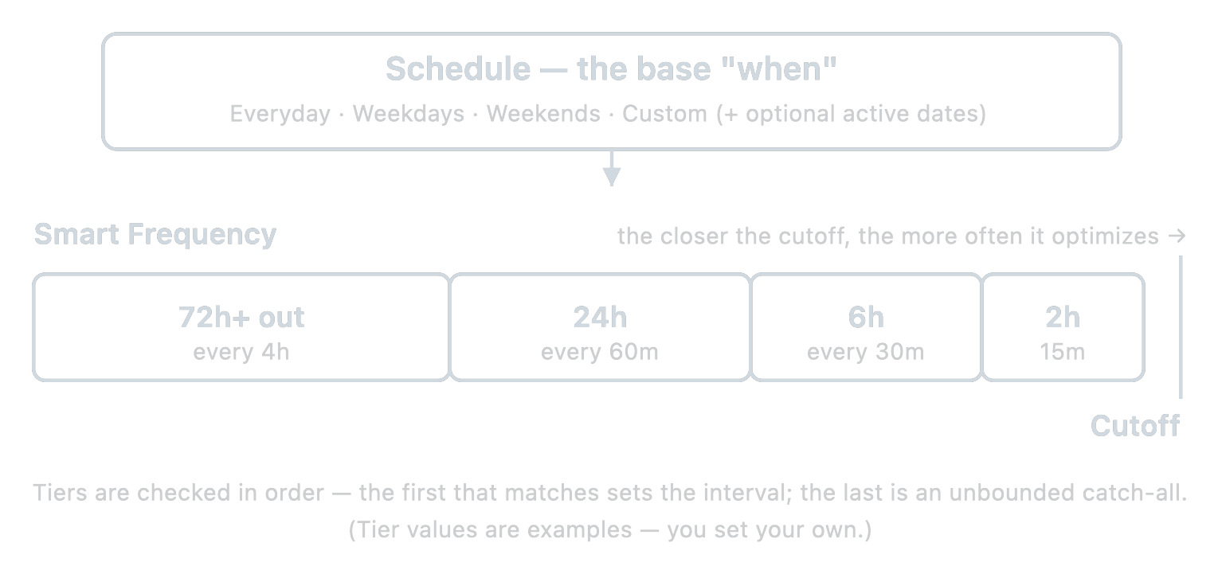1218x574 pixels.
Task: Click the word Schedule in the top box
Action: pos(458,69)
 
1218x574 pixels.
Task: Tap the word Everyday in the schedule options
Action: pos(280,115)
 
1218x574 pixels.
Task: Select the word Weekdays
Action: pos(409,114)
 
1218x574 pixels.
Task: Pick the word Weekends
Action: pos(543,114)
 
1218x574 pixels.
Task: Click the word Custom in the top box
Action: pos(664,114)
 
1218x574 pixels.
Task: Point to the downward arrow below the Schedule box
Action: pos(612,169)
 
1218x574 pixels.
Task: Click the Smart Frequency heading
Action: pos(155,235)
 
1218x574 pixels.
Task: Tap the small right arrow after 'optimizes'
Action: pos(1177,236)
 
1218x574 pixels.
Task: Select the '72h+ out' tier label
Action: pos(241,317)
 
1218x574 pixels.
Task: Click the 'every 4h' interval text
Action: pos(241,352)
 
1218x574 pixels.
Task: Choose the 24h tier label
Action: pos(600,317)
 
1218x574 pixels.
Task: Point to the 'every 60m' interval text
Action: pos(599,352)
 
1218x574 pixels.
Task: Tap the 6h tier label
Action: pos(866,317)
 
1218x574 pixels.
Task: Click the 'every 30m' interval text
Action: pos(865,352)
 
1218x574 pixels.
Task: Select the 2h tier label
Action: pos(1063,317)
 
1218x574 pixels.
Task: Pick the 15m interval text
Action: pos(1063,352)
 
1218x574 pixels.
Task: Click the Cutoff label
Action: pos(1135,426)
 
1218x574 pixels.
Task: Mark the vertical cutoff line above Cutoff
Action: pos(1181,327)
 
